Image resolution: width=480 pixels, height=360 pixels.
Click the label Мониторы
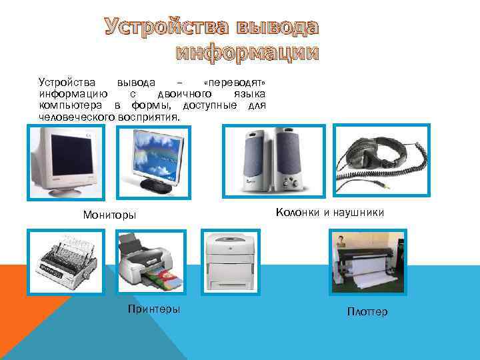pyautogui.click(x=109, y=215)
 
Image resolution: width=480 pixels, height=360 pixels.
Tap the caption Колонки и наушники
pyautogui.click(x=329, y=213)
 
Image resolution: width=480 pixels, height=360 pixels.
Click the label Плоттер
pyautogui.click(x=367, y=312)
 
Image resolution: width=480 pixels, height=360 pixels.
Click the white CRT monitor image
pyautogui.click(x=66, y=162)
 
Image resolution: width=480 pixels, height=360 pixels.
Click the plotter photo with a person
pyautogui.click(x=367, y=262)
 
